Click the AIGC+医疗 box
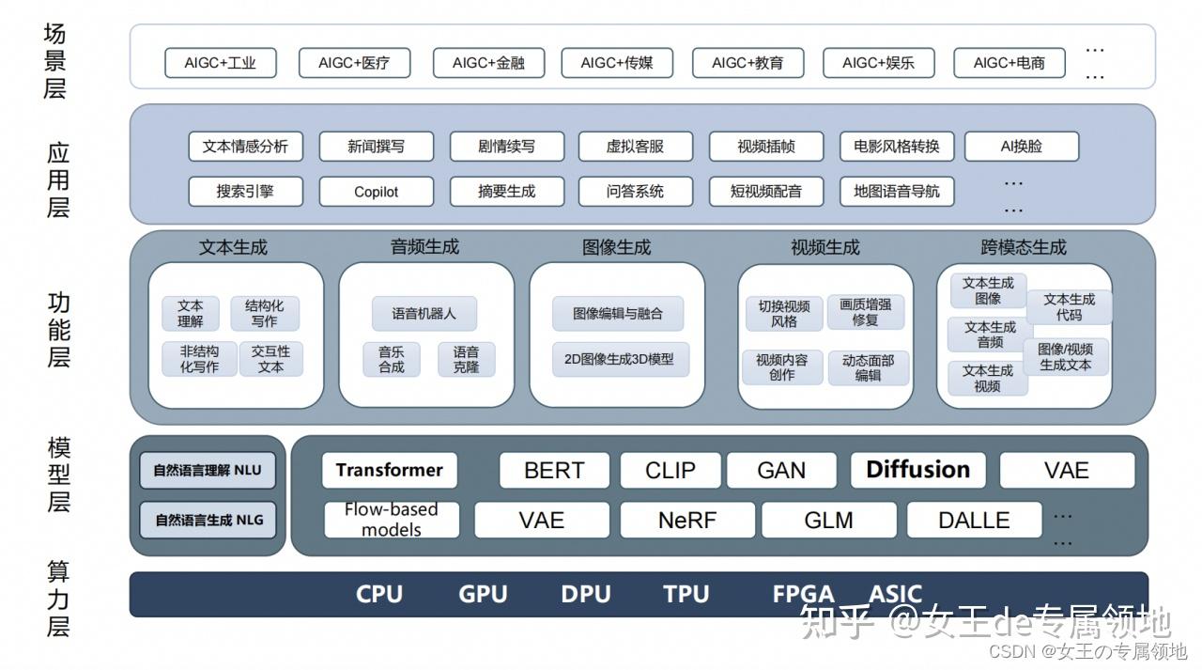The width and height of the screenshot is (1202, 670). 354,64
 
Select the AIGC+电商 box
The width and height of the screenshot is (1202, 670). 1009,64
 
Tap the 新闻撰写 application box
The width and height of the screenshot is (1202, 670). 377,147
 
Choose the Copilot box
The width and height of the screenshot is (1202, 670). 377,192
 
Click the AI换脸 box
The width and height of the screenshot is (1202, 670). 1022,147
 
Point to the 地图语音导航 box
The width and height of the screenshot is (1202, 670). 897,192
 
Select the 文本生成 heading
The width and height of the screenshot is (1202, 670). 234,248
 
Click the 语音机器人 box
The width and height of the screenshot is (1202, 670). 424,314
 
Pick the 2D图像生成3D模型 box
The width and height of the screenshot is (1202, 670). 619,359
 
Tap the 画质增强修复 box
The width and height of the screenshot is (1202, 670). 866,312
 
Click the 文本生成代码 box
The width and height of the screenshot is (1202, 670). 1069,307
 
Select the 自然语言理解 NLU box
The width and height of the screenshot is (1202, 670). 208,471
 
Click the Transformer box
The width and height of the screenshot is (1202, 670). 390,471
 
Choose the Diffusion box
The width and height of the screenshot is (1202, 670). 917,470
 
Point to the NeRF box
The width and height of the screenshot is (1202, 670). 687,521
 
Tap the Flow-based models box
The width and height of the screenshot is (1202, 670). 392,521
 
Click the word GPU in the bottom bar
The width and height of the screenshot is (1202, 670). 483,595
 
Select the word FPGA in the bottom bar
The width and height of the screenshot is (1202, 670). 803,595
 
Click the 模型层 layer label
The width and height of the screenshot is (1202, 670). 58,475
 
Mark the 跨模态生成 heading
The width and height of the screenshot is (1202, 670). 1024,248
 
